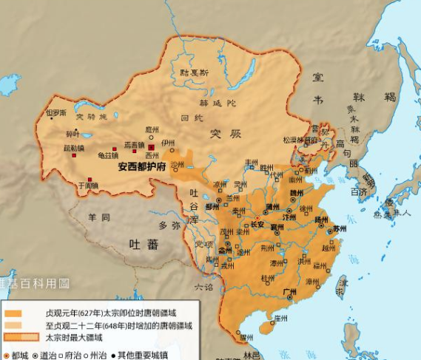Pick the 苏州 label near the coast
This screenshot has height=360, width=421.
point(340,229)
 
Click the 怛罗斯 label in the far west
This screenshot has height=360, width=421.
point(56,113)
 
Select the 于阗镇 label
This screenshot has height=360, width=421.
point(88,186)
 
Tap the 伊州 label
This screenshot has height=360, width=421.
point(169,143)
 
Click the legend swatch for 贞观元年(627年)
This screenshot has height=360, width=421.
point(13,313)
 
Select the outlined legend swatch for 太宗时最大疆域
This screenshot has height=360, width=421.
point(13,337)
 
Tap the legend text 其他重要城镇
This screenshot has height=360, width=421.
point(139,354)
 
